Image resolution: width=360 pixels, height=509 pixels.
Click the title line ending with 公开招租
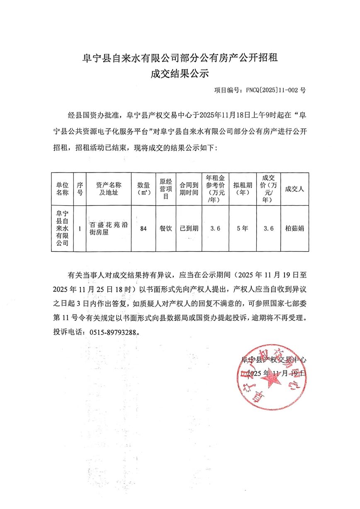180,58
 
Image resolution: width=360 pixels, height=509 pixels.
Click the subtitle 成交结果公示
180,74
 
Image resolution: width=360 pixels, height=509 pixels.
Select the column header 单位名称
62,189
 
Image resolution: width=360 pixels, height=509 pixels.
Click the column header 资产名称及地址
109,189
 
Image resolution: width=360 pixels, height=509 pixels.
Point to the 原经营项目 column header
165,189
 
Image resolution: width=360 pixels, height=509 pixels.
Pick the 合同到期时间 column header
189,189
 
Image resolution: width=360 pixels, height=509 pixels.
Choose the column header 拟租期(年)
242,189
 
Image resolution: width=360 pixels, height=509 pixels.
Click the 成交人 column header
294,189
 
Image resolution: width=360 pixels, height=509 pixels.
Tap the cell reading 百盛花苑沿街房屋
109,229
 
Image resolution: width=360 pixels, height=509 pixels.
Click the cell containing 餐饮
165,229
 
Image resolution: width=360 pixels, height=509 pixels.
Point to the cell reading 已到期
189,229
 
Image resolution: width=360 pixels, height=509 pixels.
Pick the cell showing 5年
242,229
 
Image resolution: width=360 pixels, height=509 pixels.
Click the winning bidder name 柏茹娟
294,229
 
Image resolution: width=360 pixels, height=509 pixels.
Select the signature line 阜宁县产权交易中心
274,360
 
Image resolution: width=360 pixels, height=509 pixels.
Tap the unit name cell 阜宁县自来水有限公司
62,229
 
